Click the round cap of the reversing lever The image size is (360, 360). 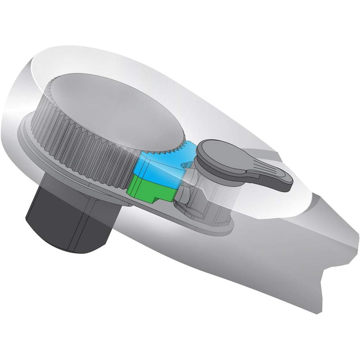coord(212,151)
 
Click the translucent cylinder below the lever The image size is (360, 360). coord(212,194)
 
